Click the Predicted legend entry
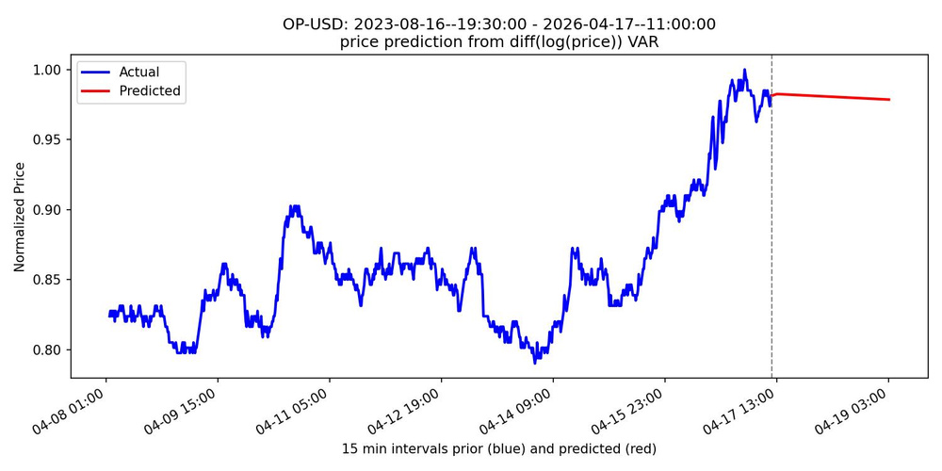[150, 91]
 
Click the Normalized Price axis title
[20, 217]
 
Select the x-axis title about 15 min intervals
[498, 448]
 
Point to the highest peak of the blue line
[744, 70]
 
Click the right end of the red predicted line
[889, 100]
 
